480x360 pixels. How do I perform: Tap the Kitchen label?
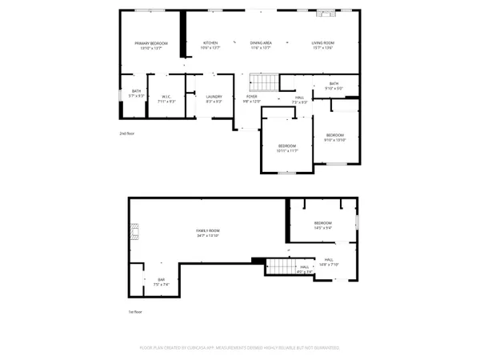(x=210, y=44)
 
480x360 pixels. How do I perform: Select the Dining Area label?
(x=261, y=44)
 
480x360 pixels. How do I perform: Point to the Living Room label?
(x=323, y=44)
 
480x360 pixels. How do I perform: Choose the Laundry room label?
(x=214, y=98)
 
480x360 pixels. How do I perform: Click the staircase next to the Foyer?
(x=263, y=82)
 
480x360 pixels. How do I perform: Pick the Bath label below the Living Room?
(x=334, y=86)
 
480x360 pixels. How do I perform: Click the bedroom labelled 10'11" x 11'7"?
(x=287, y=148)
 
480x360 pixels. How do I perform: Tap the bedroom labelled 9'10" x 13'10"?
(x=334, y=138)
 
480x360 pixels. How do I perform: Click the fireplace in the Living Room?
(x=325, y=14)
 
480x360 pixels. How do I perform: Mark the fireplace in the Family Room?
(x=134, y=232)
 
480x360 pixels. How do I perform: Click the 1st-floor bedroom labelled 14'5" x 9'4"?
(x=323, y=225)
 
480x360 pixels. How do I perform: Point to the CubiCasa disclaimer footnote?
(x=240, y=348)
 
